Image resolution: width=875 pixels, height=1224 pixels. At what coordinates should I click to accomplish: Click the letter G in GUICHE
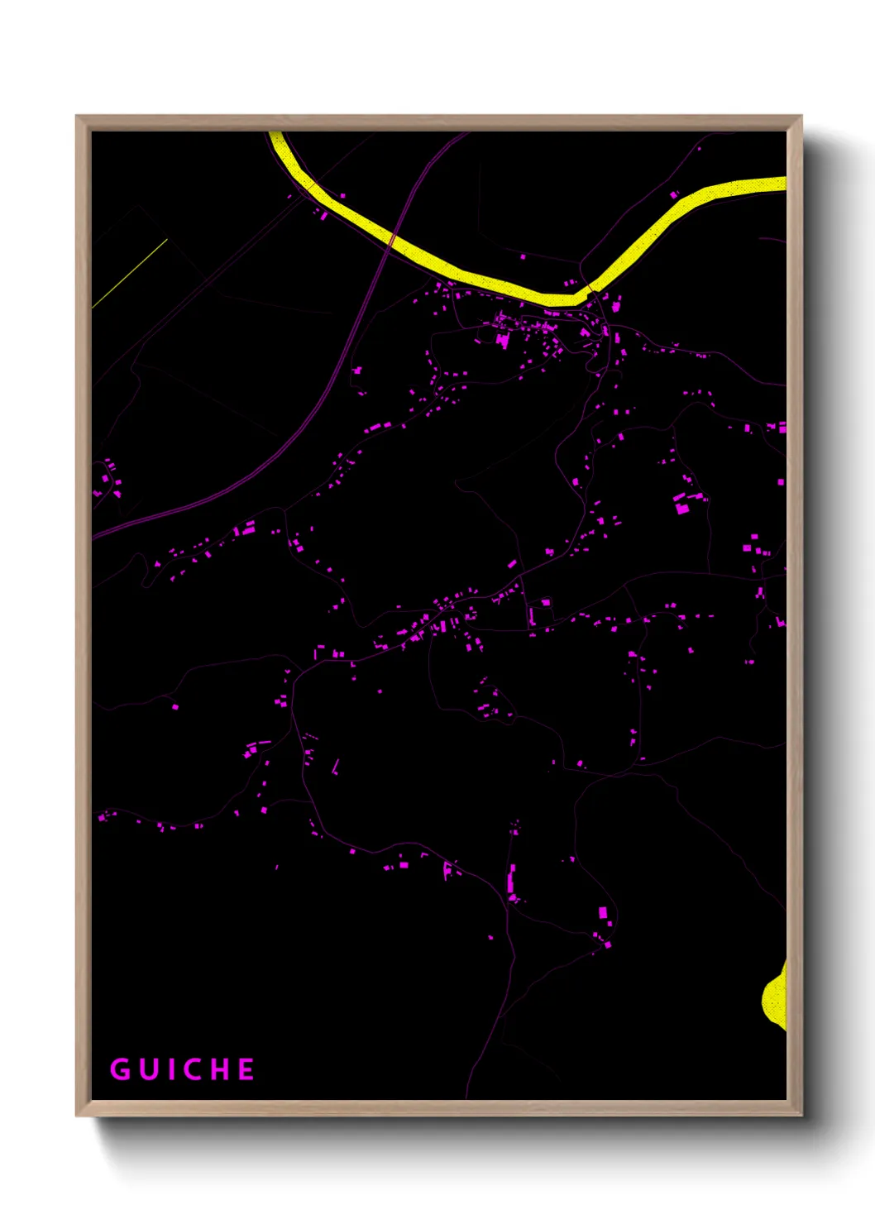point(120,1069)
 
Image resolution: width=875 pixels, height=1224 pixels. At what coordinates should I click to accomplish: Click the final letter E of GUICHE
point(246,1069)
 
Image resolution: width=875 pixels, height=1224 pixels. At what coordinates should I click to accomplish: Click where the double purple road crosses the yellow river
point(393,240)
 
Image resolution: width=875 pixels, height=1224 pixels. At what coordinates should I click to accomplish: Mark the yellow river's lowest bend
point(562,299)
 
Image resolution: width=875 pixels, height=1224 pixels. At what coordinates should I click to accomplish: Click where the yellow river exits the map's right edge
point(782,184)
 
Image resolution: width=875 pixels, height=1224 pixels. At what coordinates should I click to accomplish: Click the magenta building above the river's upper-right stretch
point(674,195)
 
